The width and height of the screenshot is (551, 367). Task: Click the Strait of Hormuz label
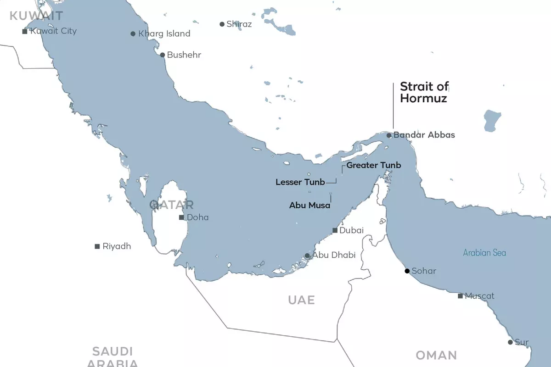(x=424, y=92)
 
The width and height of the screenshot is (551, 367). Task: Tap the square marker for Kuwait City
(x=25, y=31)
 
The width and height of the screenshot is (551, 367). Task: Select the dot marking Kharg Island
(x=133, y=33)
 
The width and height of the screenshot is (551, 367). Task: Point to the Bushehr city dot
(x=162, y=55)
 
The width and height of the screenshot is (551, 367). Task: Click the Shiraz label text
(x=239, y=24)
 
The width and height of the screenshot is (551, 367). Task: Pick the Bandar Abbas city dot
(x=389, y=135)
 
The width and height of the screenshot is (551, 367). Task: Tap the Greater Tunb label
(x=373, y=165)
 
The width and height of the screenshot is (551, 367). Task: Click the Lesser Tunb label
(x=300, y=182)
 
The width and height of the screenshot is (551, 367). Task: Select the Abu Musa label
(x=309, y=206)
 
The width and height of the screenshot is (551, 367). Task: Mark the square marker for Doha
(x=182, y=217)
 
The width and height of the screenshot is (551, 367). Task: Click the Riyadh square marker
(x=97, y=246)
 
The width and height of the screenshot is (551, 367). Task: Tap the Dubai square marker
(x=335, y=230)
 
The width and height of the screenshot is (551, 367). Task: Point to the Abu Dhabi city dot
(x=307, y=256)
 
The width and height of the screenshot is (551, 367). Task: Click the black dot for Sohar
(x=407, y=271)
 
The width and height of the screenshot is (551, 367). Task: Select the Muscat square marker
(x=460, y=296)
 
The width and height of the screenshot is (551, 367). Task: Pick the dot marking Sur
(x=510, y=342)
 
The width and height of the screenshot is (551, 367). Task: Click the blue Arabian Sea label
(x=484, y=253)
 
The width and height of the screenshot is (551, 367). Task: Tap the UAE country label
(x=301, y=300)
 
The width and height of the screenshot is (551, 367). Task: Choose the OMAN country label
(x=436, y=355)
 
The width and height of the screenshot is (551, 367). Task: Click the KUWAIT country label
(x=36, y=16)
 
